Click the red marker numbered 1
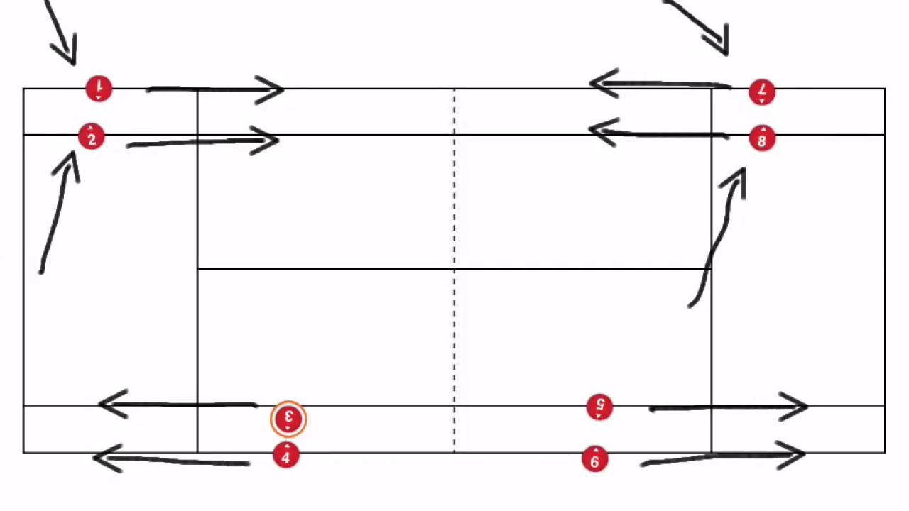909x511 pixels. coord(99,89)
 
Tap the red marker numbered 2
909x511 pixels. coord(92,138)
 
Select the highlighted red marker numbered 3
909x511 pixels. coord(288,419)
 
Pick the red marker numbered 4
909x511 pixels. coord(286,456)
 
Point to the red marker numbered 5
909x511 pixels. coord(600,407)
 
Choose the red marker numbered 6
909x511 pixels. coord(595,460)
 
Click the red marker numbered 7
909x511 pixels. coord(762,92)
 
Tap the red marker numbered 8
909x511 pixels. coord(762,139)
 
